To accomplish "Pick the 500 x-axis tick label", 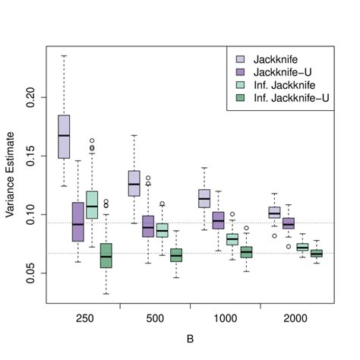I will coord(154,320).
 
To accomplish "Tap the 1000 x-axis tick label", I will coord(224,320).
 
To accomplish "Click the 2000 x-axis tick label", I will coord(295,320).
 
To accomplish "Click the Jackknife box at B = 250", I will coord(64,137).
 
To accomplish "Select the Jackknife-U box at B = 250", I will coord(77,222).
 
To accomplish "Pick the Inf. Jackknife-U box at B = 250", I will coord(106,255).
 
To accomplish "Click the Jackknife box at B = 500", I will coord(134,184).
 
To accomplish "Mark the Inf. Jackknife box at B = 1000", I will coord(232,239).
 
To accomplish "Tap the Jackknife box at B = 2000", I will coord(274,213).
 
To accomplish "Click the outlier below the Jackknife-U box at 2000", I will coord(289,247).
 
